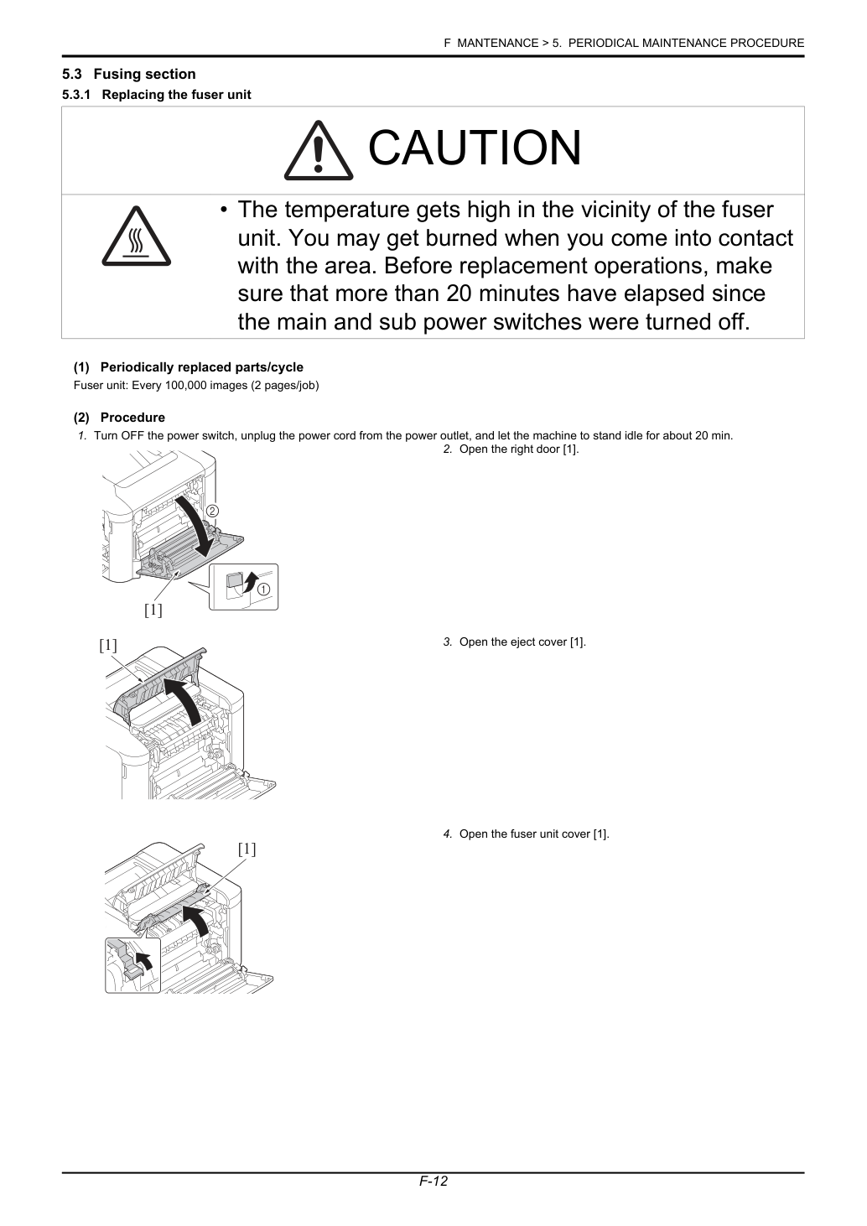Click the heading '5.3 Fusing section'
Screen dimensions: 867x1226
pyautogui.click(x=128, y=74)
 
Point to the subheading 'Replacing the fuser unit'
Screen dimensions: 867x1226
pyautogui.click(x=176, y=95)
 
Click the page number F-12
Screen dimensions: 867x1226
pyautogui.click(x=433, y=1197)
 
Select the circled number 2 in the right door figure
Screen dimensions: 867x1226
pyautogui.click(x=212, y=512)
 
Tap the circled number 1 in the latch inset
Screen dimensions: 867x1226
pyautogui.click(x=264, y=590)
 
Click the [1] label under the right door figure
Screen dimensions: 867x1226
pyautogui.click(x=153, y=610)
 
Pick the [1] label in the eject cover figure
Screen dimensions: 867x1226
pyautogui.click(x=108, y=646)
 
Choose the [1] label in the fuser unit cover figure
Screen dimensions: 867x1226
pyautogui.click(x=247, y=849)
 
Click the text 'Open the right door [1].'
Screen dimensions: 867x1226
pyautogui.click(x=519, y=449)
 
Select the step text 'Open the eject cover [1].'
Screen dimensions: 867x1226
pyautogui.click(x=522, y=642)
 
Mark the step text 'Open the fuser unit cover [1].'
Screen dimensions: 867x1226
pyautogui.click(x=534, y=834)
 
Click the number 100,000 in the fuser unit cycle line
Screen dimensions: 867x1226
pyautogui.click(x=185, y=385)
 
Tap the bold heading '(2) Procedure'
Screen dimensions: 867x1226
pyautogui.click(x=119, y=418)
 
